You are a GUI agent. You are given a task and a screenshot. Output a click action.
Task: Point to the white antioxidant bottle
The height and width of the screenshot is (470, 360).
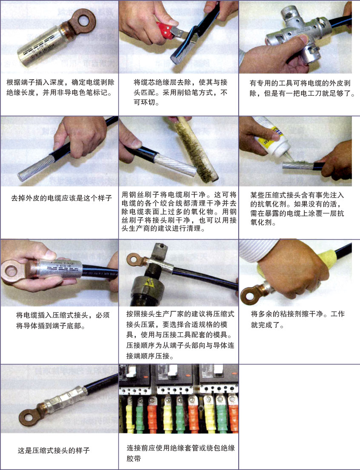(271, 136)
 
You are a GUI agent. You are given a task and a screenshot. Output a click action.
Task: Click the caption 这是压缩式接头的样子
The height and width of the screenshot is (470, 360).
(54, 450)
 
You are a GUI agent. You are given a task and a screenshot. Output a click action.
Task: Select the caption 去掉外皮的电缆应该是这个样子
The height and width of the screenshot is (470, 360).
(61, 198)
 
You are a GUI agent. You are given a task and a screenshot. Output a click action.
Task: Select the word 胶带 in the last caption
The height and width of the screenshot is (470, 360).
(134, 459)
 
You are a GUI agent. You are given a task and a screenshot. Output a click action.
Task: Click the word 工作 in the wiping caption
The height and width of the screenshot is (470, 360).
(337, 314)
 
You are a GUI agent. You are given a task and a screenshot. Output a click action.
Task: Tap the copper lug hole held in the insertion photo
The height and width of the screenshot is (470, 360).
(11, 271)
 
